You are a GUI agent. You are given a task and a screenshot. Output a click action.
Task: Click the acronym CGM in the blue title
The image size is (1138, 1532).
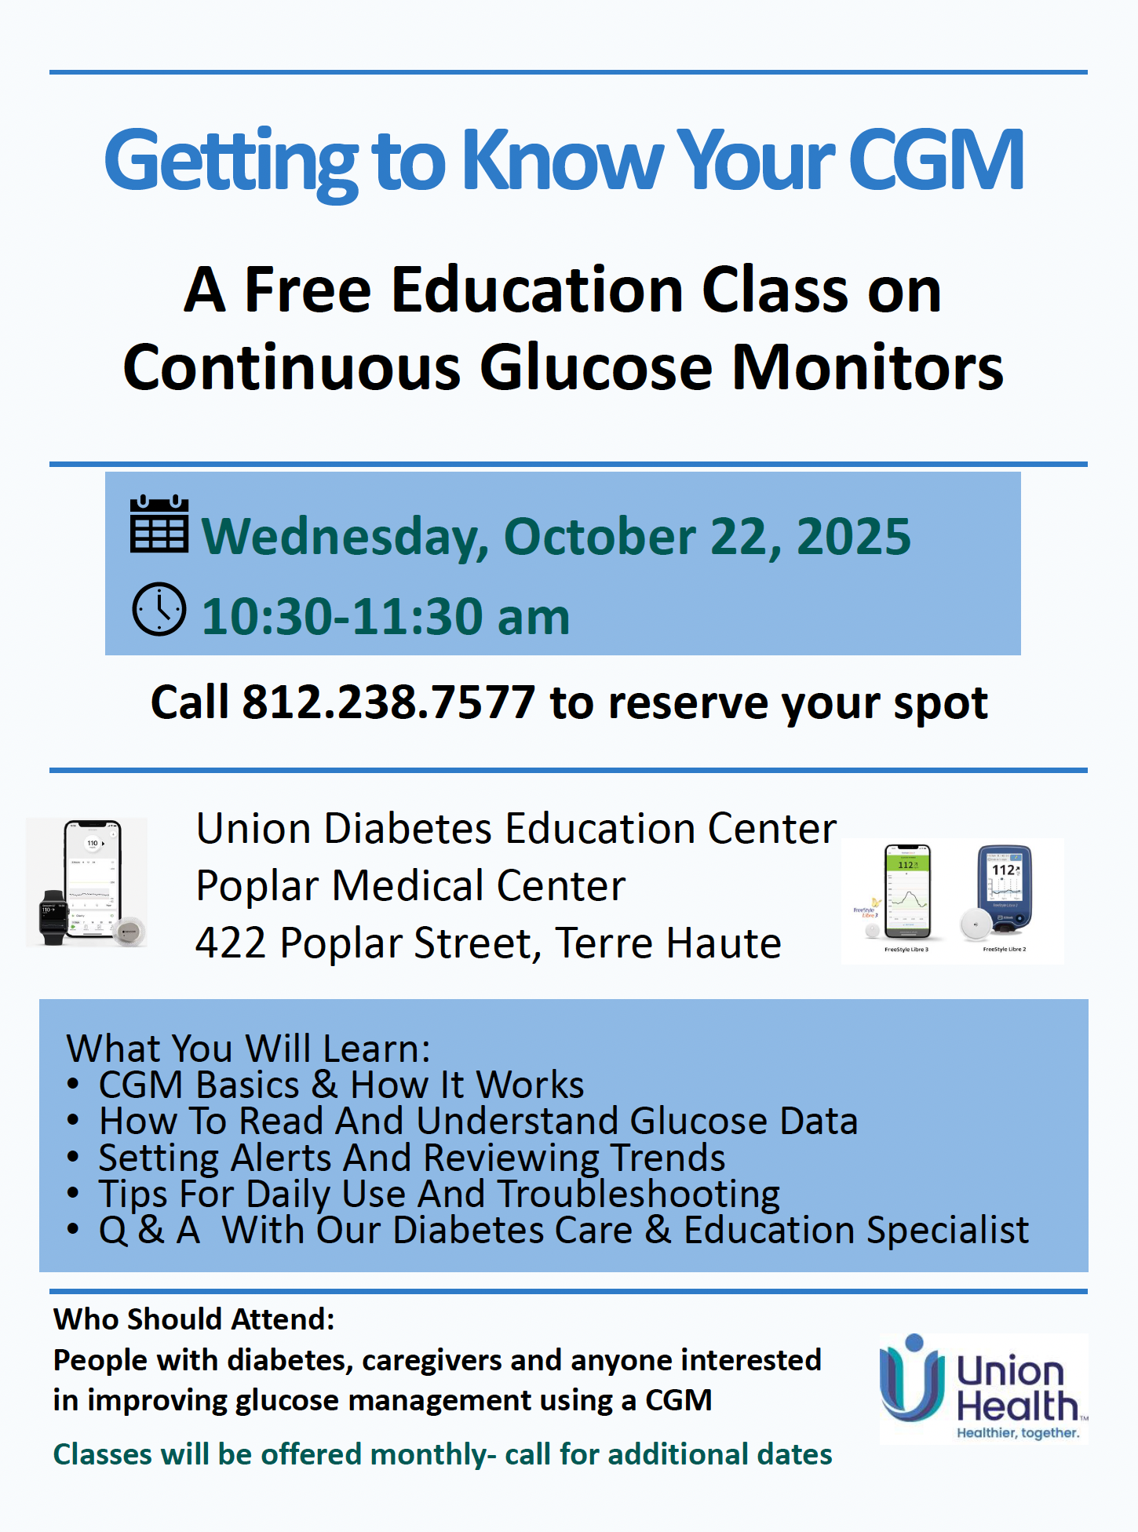936,160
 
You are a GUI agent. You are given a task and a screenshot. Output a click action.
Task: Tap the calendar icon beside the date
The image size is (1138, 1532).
159,523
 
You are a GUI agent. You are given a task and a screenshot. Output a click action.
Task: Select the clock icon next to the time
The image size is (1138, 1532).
159,609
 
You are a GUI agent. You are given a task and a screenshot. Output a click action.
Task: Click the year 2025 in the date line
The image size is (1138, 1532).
854,537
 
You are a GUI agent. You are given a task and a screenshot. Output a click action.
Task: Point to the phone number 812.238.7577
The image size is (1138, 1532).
388,702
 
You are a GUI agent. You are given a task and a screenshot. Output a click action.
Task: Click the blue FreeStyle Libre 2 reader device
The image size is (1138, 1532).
1005,889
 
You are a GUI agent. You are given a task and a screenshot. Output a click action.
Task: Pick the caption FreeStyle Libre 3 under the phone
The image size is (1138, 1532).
906,950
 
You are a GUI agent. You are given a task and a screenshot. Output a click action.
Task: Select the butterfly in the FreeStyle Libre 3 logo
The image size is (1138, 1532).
875,903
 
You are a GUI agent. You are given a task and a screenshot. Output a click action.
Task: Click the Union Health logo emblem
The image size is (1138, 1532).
911,1378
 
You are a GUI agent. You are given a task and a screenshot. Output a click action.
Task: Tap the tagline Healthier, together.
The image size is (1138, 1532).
1018,1433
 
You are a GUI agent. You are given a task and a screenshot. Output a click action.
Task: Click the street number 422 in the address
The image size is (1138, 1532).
232,943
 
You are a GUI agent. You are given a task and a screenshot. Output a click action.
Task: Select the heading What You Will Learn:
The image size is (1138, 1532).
249,1049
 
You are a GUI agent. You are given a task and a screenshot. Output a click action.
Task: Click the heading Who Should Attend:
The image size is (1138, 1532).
194,1319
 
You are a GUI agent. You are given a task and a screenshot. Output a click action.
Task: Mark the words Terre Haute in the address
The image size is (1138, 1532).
668,943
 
